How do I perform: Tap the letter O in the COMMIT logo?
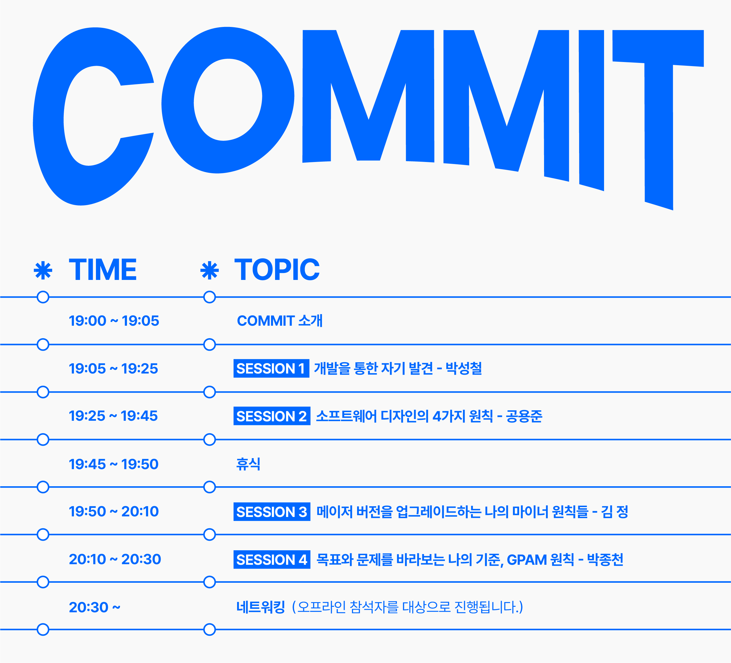178,101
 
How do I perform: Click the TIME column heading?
103,270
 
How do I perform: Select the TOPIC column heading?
277,270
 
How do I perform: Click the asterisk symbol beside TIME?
43,270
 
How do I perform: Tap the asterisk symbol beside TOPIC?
210,270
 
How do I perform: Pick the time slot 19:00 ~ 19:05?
114,321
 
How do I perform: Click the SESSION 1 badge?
271,368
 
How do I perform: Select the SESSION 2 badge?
272,416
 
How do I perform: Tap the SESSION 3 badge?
272,511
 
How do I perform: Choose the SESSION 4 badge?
272,559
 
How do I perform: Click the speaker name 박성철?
464,368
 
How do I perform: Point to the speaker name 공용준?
524,416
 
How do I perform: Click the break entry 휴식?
248,464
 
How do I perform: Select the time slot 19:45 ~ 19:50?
114,464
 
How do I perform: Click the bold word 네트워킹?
260,607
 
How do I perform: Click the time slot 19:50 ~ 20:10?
114,511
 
